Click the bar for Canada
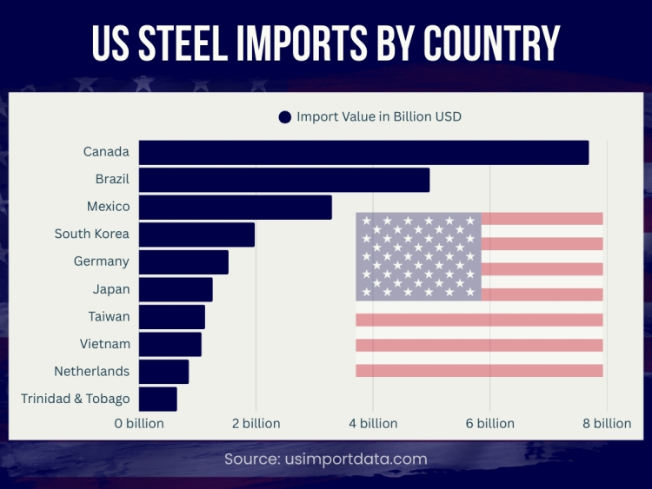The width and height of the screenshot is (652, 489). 363,152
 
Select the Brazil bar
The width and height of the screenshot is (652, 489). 284,180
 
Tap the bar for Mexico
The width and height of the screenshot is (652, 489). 236,208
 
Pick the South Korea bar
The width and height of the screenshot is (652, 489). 196,235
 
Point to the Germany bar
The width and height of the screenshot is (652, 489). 183,262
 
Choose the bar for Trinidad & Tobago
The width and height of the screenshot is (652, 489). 157,399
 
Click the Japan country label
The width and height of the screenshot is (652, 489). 110,289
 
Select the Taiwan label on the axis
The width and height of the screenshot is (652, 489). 109,316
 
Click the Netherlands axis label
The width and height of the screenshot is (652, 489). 91,371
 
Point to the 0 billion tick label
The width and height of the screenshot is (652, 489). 139,423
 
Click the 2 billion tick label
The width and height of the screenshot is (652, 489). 256,423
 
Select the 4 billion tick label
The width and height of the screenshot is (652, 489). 373,423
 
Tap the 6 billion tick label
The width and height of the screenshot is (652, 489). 490,423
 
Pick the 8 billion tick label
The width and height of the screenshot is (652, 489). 607,423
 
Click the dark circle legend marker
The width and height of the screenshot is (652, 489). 284,117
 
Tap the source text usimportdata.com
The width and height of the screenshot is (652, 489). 326,459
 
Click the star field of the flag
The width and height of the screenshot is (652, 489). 418,256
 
